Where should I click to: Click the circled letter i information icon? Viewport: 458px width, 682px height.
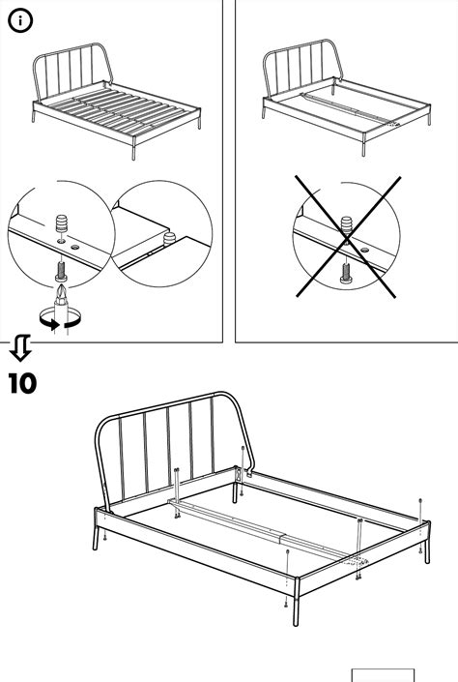[20, 21]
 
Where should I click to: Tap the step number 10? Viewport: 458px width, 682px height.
[22, 383]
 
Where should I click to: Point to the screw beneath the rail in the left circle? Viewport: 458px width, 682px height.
[61, 271]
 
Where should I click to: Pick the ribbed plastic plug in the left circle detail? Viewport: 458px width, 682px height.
[62, 223]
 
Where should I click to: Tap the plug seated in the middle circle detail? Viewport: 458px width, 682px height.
[169, 238]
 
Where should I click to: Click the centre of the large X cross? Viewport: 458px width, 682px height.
[347, 237]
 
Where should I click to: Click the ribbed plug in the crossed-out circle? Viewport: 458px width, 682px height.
[346, 225]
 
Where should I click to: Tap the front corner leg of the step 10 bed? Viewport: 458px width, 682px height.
[297, 602]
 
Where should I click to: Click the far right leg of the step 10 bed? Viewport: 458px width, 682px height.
[427, 543]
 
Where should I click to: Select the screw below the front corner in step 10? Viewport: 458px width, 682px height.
[286, 603]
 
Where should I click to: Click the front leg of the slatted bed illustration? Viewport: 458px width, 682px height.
[133, 148]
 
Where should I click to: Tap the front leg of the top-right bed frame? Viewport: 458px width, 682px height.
[363, 144]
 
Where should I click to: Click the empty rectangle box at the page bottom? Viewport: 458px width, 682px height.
[383, 675]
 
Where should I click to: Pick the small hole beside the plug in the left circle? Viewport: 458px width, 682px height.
[75, 247]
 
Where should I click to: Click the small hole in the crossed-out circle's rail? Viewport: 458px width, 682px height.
[364, 251]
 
